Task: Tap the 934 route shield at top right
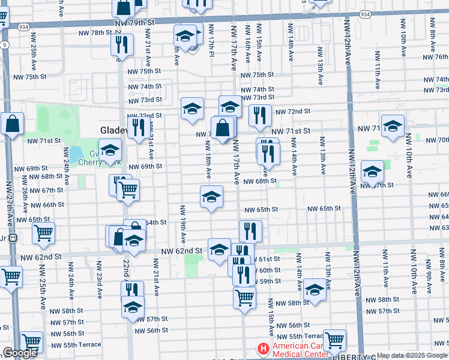pos(364,13)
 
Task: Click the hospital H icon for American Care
pos(262,348)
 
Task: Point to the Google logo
pos(20,353)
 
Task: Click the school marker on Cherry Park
pos(110,150)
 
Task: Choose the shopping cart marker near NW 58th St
pos(244,297)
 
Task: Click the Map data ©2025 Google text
pos(411,355)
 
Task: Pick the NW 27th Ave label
pos(8,198)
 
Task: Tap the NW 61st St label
pos(270,259)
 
